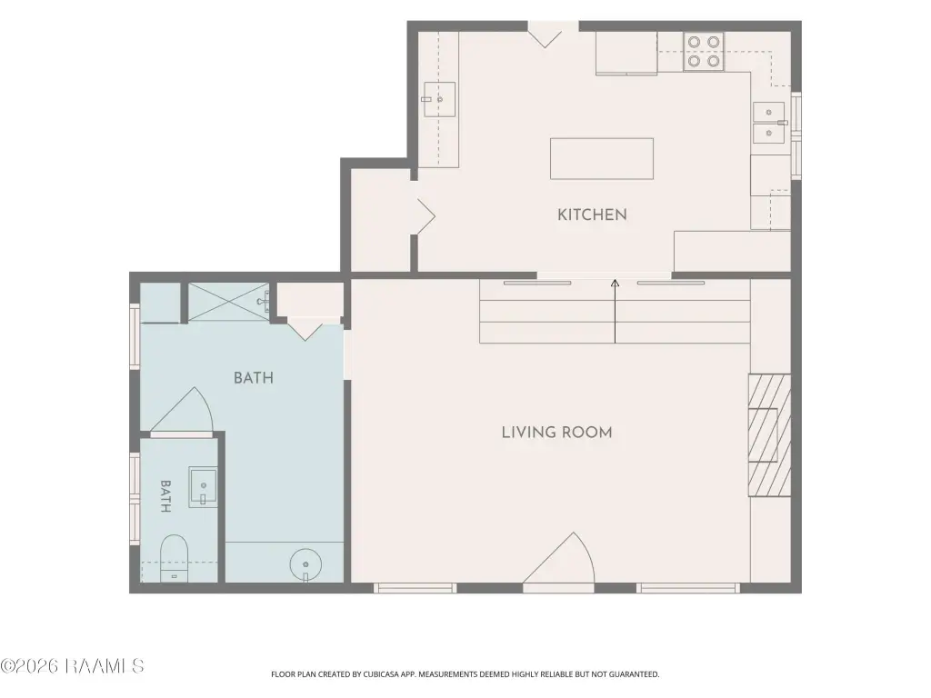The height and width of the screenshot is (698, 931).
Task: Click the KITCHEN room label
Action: (592, 214)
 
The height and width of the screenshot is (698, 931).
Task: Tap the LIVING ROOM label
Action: (557, 433)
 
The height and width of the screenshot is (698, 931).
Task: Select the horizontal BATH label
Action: (254, 378)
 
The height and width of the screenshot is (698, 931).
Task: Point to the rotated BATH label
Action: (165, 496)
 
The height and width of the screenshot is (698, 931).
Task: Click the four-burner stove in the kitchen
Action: (704, 52)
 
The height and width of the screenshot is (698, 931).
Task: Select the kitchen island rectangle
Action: (602, 158)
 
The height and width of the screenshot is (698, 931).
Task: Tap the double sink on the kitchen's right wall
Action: (769, 123)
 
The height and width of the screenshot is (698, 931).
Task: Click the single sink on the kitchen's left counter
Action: (439, 99)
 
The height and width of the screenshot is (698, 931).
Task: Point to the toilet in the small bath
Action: (175, 559)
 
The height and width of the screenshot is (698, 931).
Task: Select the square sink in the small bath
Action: (203, 487)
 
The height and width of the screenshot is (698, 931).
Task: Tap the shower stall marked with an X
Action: (228, 302)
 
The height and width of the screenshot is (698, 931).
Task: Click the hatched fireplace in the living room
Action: (769, 435)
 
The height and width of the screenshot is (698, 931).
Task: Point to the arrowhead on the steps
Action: (616, 284)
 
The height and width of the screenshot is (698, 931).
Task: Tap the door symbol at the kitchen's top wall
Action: (546, 35)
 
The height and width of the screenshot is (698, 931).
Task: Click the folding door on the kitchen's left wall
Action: (425, 216)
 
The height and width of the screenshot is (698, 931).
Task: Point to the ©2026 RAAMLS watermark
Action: (73, 666)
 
